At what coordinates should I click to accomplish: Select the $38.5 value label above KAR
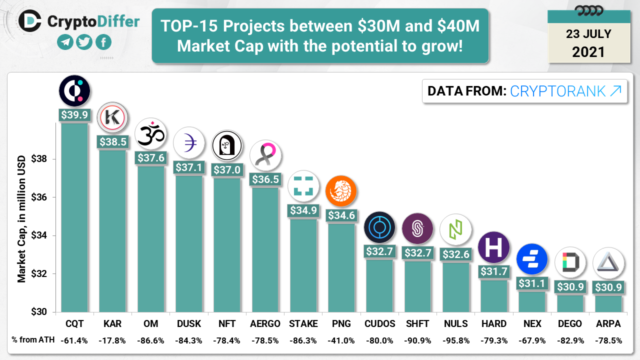click(112, 141)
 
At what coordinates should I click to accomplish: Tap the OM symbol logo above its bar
click(150, 134)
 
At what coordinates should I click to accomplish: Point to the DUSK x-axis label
click(189, 323)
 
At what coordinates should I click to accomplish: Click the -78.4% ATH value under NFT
click(227, 340)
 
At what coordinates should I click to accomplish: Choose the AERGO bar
click(265, 250)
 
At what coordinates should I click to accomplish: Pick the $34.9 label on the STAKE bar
click(303, 210)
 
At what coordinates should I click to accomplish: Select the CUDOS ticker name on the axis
click(379, 323)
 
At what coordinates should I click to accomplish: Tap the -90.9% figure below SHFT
click(417, 340)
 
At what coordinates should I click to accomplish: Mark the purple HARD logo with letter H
click(493, 247)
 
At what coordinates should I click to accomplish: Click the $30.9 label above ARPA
click(608, 287)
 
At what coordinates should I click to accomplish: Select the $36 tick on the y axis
click(39, 197)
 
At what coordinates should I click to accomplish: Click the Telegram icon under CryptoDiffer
click(65, 42)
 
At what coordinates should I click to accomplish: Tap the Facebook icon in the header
click(103, 42)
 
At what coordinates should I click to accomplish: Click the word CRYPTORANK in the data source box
click(559, 91)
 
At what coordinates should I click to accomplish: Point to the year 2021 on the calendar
click(588, 51)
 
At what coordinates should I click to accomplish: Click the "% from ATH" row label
click(31, 340)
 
